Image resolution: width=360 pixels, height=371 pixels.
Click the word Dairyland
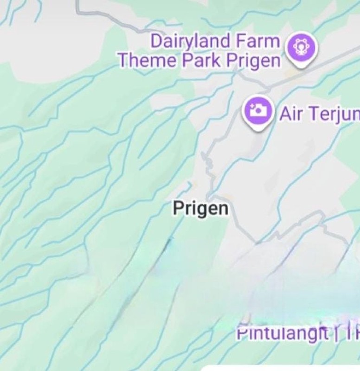point(190,42)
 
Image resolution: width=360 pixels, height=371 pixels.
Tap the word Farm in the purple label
point(257,42)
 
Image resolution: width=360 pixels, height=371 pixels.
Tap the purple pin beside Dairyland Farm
point(302,48)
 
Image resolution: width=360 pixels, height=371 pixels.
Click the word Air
point(291,113)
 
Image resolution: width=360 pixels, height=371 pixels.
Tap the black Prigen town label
point(200,209)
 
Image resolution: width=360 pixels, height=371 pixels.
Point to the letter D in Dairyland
point(156,41)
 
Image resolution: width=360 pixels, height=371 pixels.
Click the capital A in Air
point(284,113)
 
